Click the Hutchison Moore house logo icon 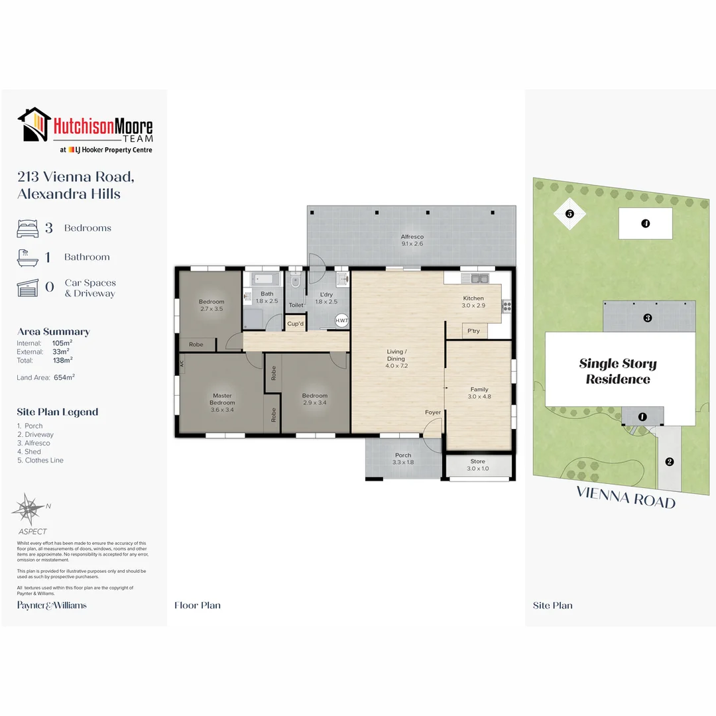coord(34,125)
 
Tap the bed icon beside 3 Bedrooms coord(27,228)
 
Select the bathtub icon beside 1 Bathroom coord(27,257)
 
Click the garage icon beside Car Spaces coord(27,288)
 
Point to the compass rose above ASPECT coord(28,508)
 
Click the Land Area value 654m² coord(64,377)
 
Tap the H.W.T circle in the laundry coord(341,321)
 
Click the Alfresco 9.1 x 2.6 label coord(412,241)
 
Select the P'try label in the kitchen coord(473,331)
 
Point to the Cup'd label coord(296,324)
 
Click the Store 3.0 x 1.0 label coord(477,465)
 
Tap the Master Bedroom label coord(222,399)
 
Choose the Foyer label coord(433,412)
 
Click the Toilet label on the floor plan coord(296,305)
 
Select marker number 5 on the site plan coord(569,213)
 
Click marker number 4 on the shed coord(645,223)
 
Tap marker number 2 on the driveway coord(670,461)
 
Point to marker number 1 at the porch coord(642,416)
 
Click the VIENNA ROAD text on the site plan coord(626,497)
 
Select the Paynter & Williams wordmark coord(52,605)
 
